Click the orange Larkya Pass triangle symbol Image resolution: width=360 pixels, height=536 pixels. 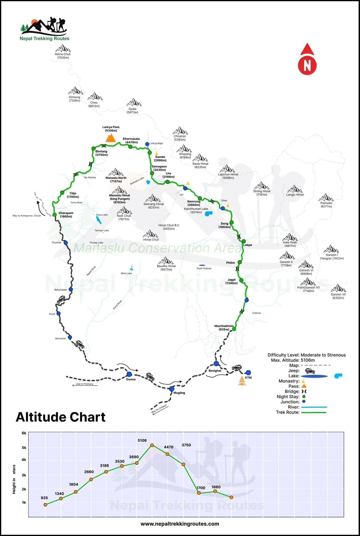[111, 138]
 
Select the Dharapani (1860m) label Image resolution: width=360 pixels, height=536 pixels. [66, 215]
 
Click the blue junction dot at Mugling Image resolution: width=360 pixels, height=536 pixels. [171, 389]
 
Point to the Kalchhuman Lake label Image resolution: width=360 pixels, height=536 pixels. [196, 209]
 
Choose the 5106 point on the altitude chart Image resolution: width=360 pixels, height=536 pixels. [152, 445]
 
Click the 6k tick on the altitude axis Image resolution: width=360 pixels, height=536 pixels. [24, 433]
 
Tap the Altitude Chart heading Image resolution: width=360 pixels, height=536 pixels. [61, 417]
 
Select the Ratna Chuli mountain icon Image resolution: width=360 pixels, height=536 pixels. [63, 48]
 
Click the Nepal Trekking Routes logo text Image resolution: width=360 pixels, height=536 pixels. [44, 38]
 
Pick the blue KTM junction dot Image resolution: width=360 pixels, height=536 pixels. [248, 373]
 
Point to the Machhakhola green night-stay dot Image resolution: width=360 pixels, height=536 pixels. [234, 329]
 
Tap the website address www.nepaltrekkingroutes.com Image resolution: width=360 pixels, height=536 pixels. [180, 524]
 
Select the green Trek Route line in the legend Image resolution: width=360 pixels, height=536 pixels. [313, 412]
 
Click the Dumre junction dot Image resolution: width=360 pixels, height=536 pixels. [129, 374]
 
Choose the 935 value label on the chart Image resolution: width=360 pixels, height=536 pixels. [44, 498]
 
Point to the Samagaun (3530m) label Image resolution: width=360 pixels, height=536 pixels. [159, 168]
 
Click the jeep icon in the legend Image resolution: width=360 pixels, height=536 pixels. [310, 371]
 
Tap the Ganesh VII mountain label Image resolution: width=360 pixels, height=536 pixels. [338, 296]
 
